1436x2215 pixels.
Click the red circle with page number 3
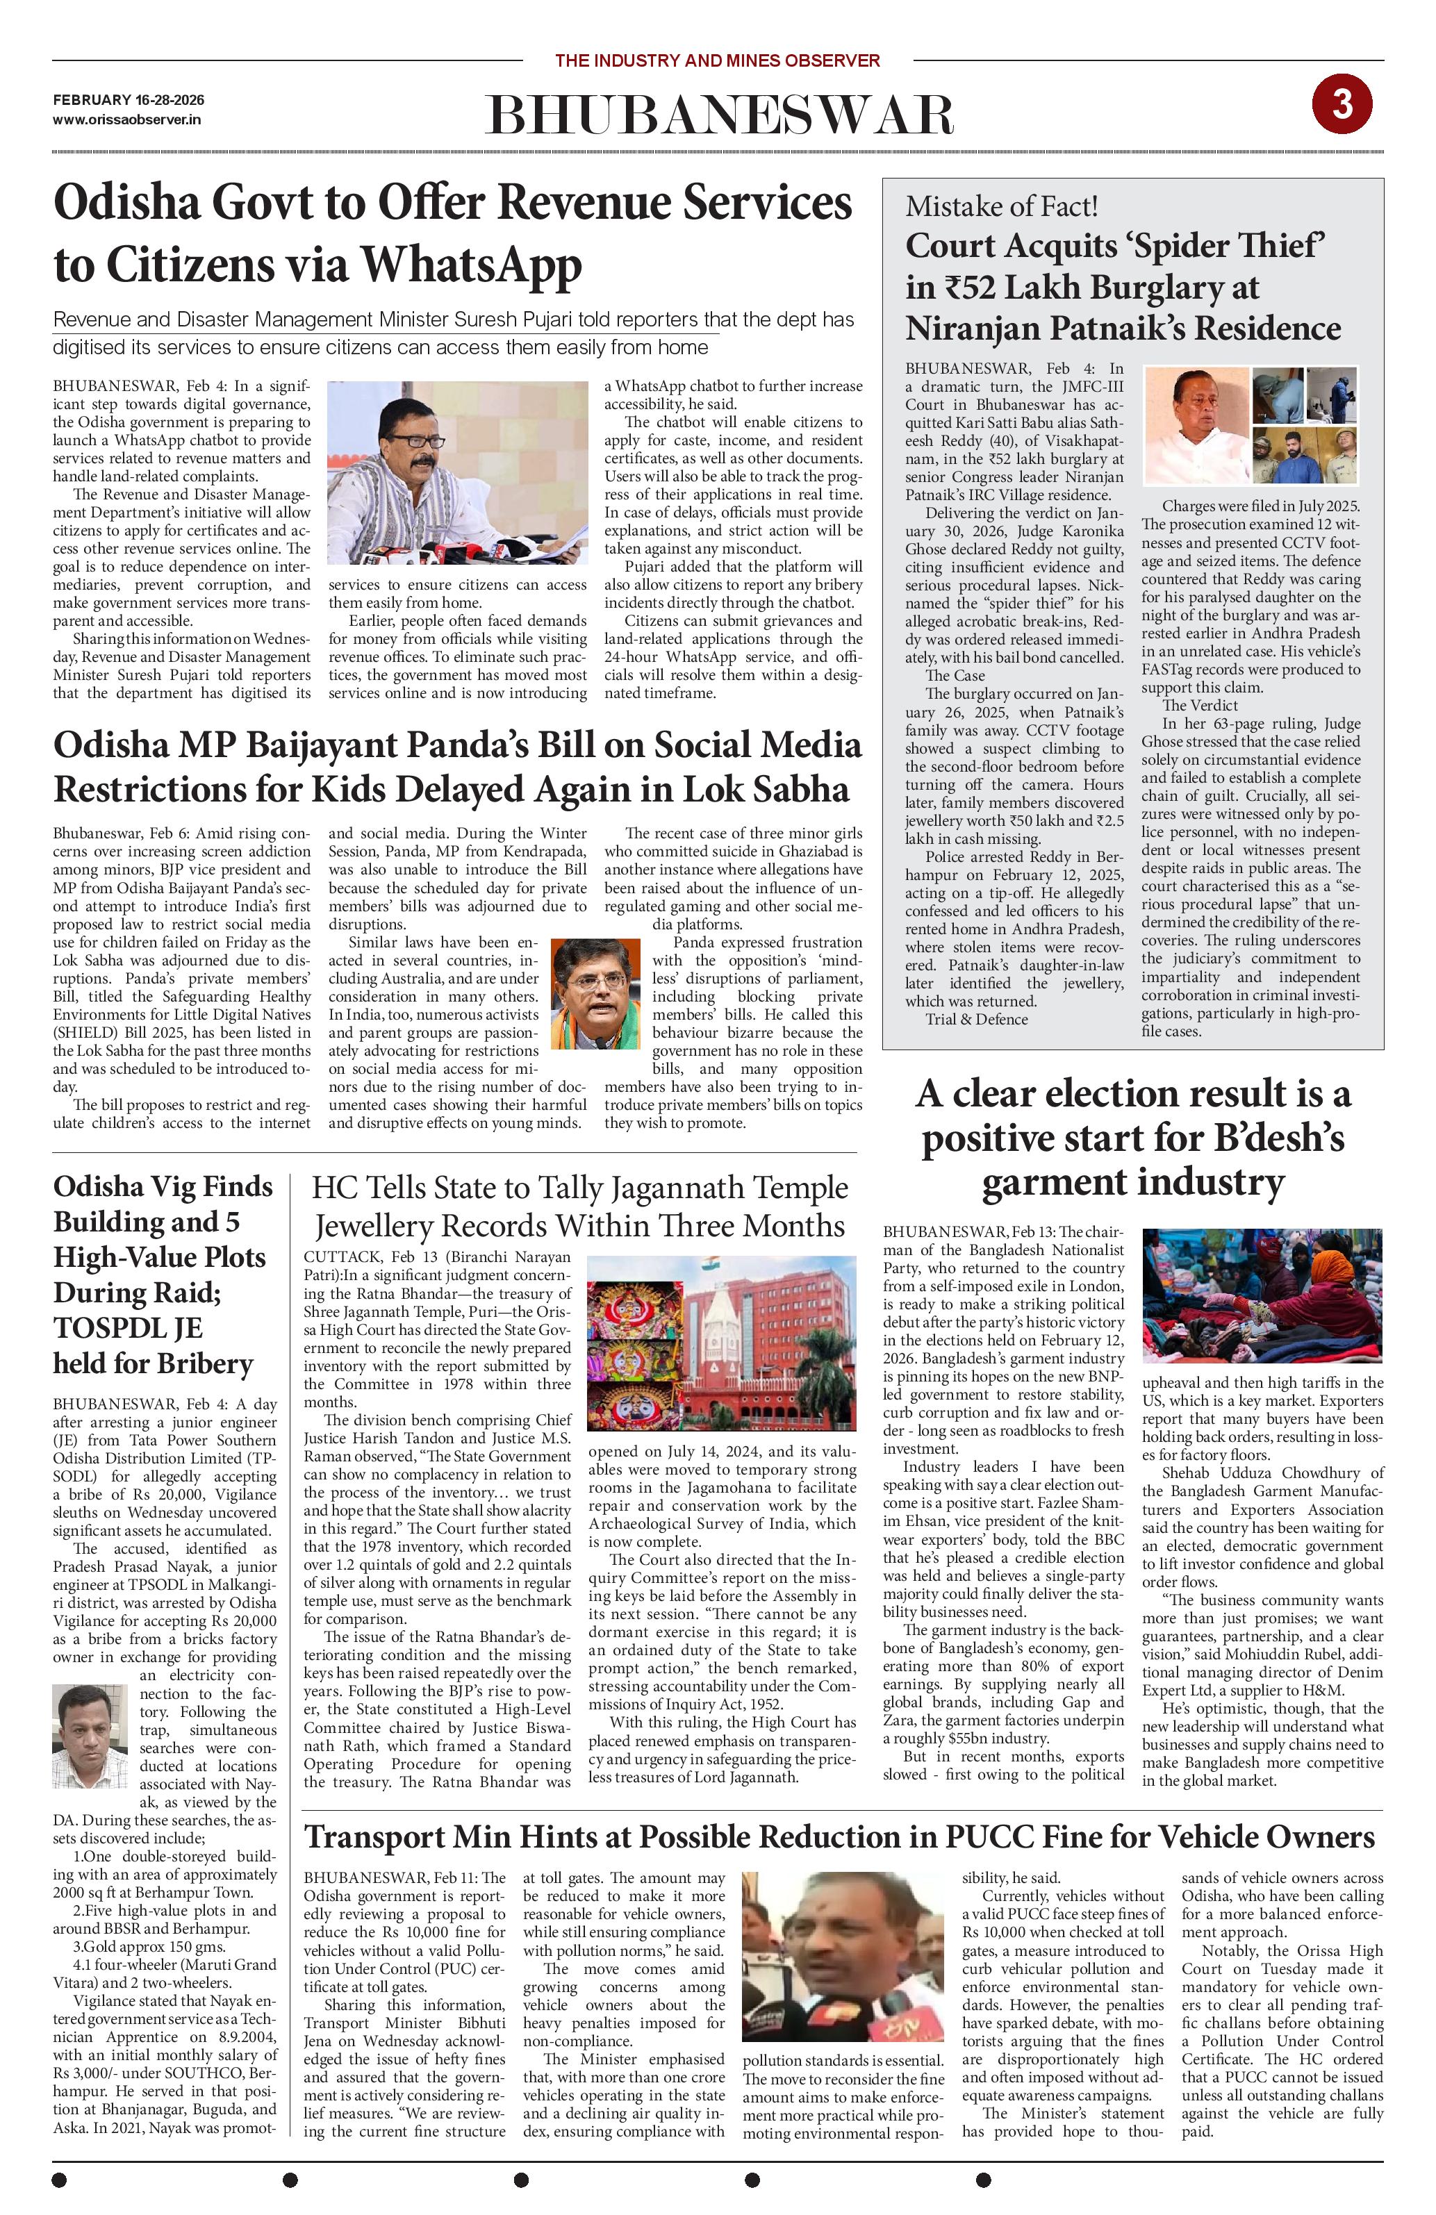pyautogui.click(x=1342, y=104)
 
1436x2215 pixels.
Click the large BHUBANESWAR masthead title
pyautogui.click(x=718, y=116)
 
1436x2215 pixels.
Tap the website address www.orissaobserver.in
pyautogui.click(x=128, y=119)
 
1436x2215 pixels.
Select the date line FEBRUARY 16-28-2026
pyautogui.click(x=129, y=99)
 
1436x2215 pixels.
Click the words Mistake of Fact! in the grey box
pyautogui.click(x=1002, y=206)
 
